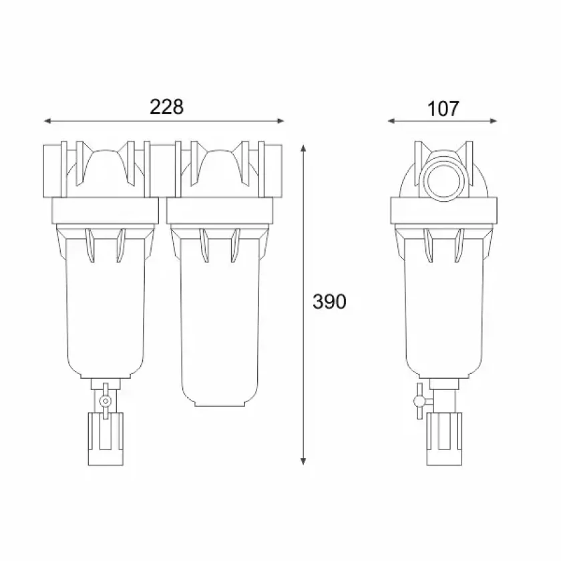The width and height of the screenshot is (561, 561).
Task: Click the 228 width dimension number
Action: pos(166,107)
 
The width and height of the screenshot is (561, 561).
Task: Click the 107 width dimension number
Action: pos(443,108)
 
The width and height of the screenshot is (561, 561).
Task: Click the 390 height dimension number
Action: pos(329,301)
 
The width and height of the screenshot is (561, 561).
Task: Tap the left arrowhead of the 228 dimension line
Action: pos(47,121)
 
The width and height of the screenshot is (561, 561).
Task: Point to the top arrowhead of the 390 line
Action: pos(303,148)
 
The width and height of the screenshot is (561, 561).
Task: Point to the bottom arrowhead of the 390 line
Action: pos(303,461)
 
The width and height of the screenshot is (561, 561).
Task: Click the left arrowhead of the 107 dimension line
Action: pos(392,121)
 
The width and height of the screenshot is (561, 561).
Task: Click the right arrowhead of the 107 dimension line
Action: pos(493,121)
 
